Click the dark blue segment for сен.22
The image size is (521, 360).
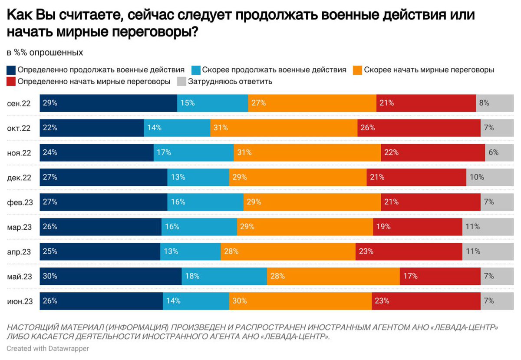pos(108,103)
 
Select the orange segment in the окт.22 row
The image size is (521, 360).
pos(284,128)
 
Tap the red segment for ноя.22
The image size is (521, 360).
pos(433,152)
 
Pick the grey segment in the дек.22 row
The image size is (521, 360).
pos(483,177)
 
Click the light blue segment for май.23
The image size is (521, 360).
pos(224,276)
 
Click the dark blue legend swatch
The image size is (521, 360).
pos(11,70)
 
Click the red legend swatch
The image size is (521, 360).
pos(11,81)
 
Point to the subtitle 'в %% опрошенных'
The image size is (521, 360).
pos(45,53)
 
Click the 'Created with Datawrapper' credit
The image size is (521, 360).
pos(48,348)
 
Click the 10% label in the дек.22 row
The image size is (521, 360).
pos(477,177)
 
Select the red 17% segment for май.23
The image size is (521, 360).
pos(440,276)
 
